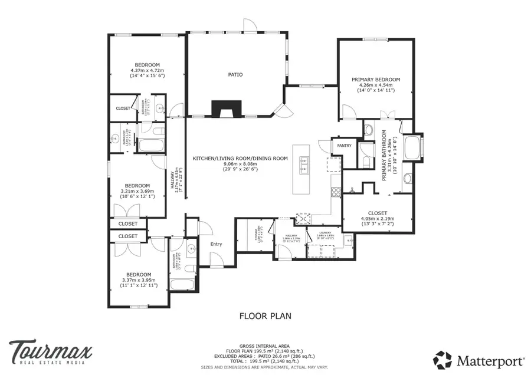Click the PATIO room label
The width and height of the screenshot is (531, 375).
pos(236,75)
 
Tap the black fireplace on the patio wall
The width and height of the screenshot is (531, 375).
pos(227,109)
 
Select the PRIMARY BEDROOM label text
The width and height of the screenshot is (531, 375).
pos(376,80)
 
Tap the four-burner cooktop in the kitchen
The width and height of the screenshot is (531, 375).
pos(336,192)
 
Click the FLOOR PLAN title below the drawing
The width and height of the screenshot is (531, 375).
pos(265,316)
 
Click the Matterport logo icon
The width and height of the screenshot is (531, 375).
pos(443,359)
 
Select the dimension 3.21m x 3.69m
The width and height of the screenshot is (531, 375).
pos(137,191)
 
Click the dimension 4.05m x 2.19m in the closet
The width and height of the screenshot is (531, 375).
pos(377,218)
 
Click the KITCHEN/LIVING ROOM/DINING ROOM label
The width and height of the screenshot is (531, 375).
pos(240,158)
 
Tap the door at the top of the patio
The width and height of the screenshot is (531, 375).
pos(250,26)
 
